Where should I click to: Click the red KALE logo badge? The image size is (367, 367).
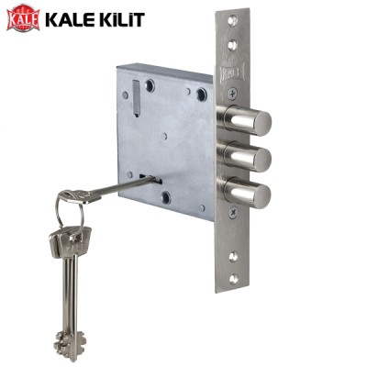click(x=24, y=18)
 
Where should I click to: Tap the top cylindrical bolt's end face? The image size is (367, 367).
click(x=262, y=123)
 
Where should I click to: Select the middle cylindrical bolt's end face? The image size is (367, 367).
click(x=262, y=160)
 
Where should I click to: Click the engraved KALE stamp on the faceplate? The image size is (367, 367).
click(x=232, y=72)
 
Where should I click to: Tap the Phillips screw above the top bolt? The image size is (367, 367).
click(x=233, y=94)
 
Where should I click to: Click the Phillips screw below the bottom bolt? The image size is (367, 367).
click(x=233, y=212)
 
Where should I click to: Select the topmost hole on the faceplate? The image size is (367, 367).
click(x=233, y=20)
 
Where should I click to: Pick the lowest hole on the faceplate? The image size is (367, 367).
click(x=233, y=278)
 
